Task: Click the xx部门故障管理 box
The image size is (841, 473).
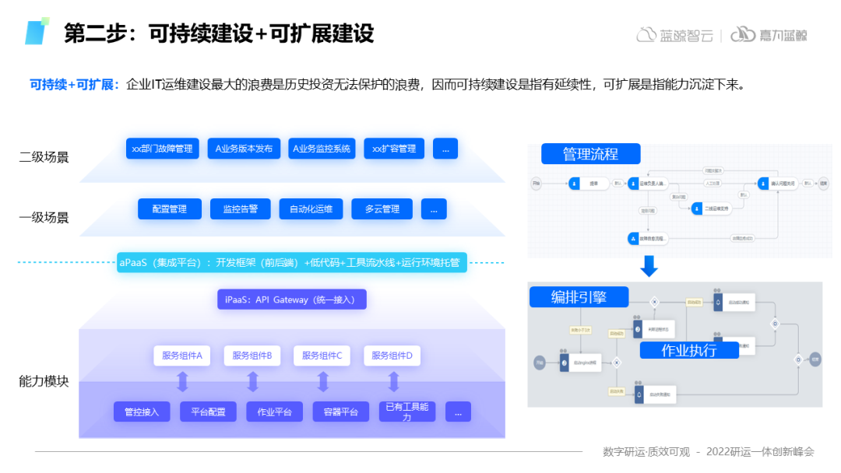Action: [162, 149]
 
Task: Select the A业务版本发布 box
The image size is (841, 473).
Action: [244, 149]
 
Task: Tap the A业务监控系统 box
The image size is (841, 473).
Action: [321, 149]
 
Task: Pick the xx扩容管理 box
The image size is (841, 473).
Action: [394, 149]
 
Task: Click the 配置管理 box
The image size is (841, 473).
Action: [169, 209]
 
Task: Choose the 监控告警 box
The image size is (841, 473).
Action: [241, 209]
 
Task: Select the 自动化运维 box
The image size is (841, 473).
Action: [311, 209]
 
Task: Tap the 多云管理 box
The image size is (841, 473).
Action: [382, 209]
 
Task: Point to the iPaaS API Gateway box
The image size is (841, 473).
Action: [291, 300]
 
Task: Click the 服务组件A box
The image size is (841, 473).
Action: [182, 356]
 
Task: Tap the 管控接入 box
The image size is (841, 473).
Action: [142, 412]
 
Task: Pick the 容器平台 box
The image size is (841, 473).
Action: [341, 412]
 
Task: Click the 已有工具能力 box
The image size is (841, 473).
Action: [406, 412]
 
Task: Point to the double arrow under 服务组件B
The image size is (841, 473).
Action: [252, 382]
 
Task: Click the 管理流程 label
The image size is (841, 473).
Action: [590, 154]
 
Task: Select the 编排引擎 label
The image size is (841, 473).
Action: [579, 297]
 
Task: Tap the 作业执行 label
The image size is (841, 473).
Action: [688, 350]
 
